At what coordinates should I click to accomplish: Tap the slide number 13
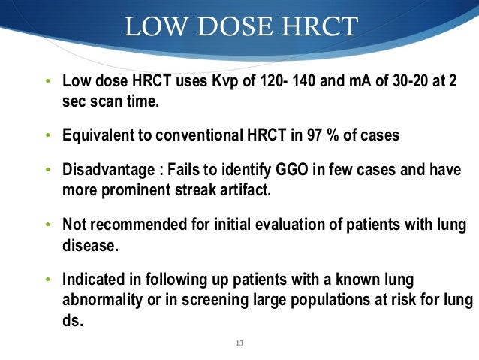(239, 343)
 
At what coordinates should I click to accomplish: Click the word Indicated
(92, 280)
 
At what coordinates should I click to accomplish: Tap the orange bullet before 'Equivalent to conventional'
(47, 136)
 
